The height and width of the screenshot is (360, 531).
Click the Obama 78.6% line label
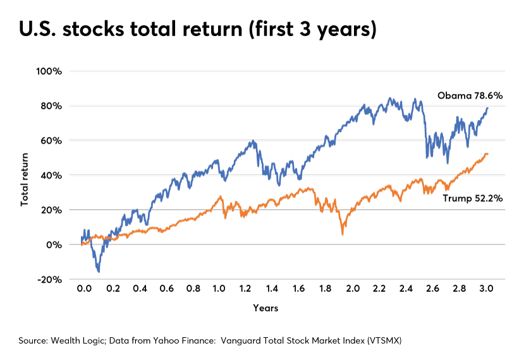[470, 96]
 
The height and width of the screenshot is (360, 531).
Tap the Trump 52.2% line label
[472, 198]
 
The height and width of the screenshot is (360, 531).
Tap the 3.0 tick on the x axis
[486, 288]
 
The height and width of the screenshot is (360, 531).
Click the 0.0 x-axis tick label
[83, 288]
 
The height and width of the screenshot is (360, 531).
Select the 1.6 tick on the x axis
[298, 288]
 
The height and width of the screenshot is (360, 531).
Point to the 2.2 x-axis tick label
[379, 288]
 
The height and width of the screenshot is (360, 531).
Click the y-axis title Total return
[25, 175]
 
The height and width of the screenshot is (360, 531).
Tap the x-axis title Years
[266, 308]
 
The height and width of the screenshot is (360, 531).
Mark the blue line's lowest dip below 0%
[99, 272]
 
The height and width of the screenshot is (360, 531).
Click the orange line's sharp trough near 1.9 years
[342, 234]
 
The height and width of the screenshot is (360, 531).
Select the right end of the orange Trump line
[487, 154]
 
